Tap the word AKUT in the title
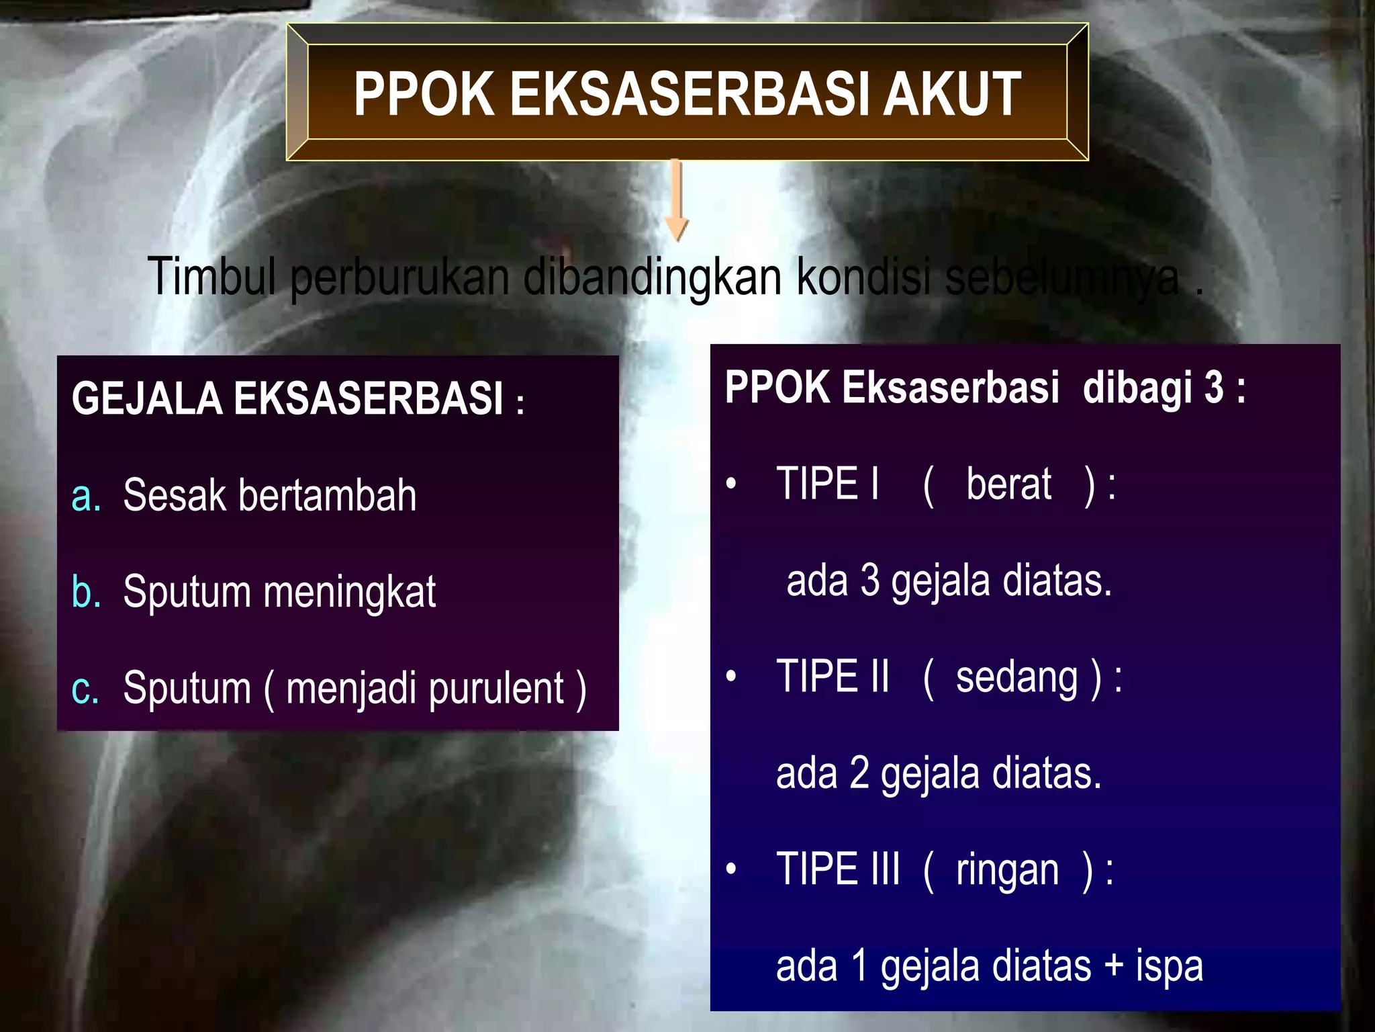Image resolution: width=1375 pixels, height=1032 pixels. click(951, 95)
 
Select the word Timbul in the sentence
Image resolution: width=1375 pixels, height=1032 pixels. click(211, 275)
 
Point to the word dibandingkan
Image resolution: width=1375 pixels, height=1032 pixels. click(652, 277)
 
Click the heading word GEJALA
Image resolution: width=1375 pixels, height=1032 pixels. click(146, 398)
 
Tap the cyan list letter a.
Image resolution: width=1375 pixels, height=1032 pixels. click(85, 496)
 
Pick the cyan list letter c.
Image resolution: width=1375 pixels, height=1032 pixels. click(85, 689)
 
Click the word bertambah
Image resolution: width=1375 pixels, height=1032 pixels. click(327, 495)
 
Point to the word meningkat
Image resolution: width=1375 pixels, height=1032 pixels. click(349, 593)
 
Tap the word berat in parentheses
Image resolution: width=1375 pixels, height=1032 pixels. click(1008, 484)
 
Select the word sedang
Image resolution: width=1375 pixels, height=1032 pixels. click(1016, 677)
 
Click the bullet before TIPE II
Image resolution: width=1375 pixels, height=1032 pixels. click(731, 677)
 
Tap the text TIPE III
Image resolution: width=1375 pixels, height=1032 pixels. click(837, 869)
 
